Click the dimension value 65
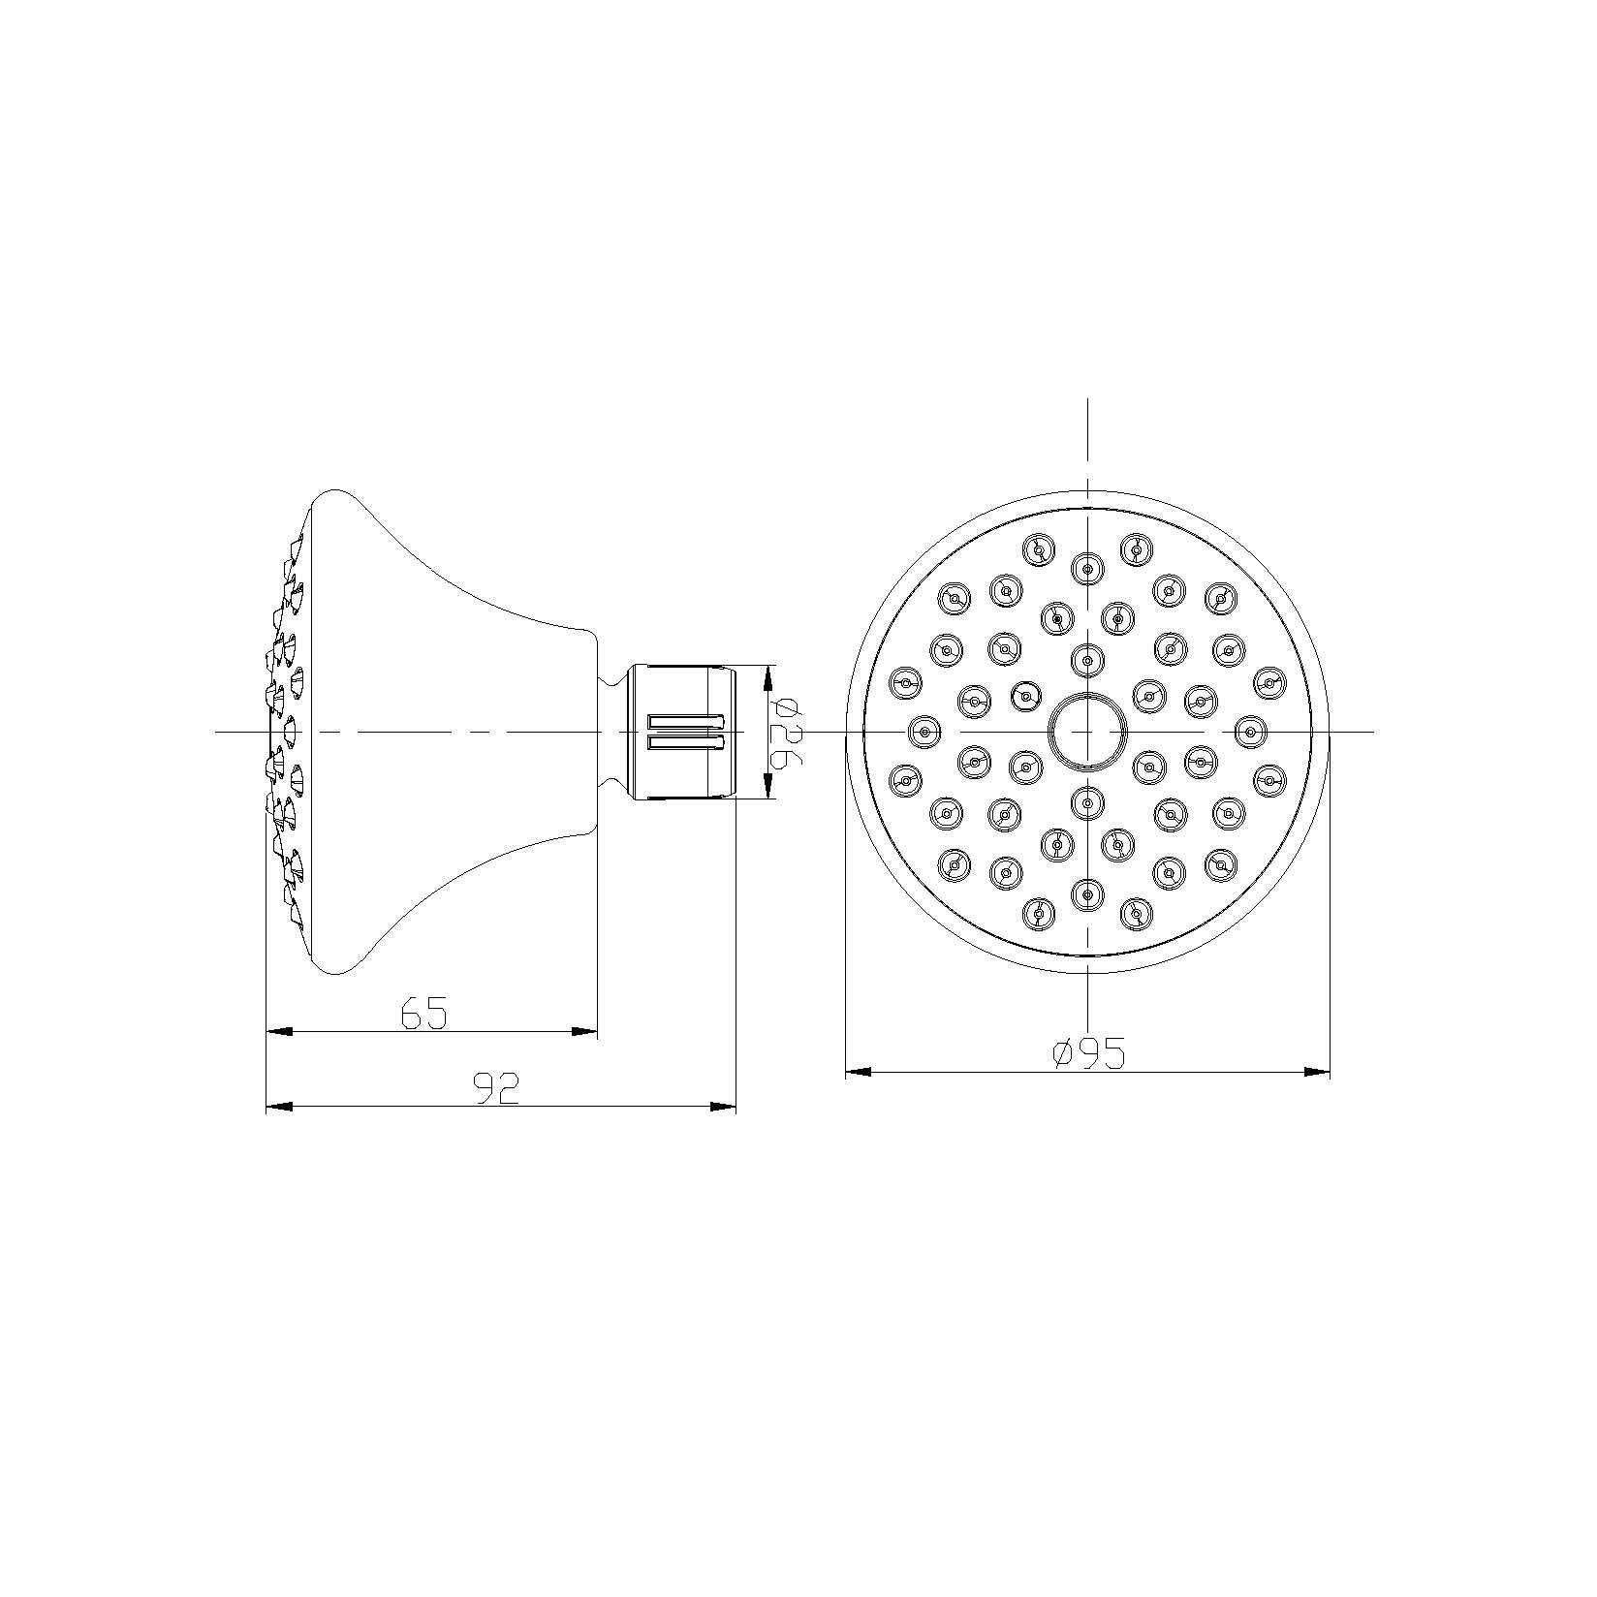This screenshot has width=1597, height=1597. (424, 1014)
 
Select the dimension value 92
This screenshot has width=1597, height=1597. (497, 1088)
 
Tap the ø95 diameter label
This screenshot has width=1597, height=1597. (1088, 1053)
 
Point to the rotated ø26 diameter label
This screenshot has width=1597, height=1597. (786, 732)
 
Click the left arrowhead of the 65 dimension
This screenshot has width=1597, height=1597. (279, 1032)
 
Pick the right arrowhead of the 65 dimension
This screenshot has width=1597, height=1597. (584, 1032)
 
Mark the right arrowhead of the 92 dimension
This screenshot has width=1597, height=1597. (723, 1107)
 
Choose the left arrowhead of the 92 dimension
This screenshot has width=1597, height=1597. (279, 1107)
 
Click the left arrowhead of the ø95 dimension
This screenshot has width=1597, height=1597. (859, 1072)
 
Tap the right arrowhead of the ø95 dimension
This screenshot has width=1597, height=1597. (1317, 1072)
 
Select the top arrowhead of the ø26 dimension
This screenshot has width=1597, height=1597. (770, 676)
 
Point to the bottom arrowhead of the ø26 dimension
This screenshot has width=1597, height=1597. (770, 787)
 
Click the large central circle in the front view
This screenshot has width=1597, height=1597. (1087, 731)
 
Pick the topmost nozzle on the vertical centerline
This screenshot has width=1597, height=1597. (1087, 568)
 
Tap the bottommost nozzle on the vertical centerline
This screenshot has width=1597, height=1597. (1087, 893)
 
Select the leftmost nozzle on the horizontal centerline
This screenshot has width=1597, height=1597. (925, 731)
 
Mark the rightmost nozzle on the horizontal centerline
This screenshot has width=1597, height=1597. (1250, 731)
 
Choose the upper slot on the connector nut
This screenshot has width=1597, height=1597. (685, 721)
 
